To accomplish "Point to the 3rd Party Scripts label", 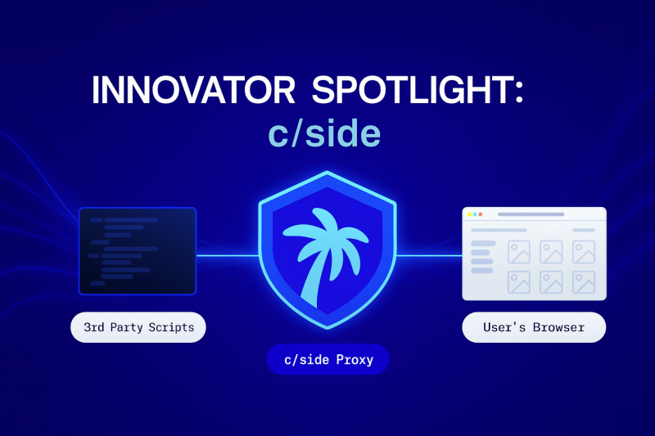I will click(x=139, y=328).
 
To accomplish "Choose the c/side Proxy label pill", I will click(x=327, y=359).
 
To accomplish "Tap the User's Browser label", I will click(x=534, y=328).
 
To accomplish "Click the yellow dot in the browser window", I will click(x=474, y=214).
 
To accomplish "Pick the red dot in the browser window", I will click(x=480, y=214).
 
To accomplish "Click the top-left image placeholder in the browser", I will click(x=519, y=251).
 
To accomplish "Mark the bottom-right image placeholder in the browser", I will click(x=584, y=282).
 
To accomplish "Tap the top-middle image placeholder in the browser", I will click(x=551, y=251).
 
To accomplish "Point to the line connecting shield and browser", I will click(x=427, y=255).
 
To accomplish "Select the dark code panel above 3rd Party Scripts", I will click(x=138, y=251).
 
